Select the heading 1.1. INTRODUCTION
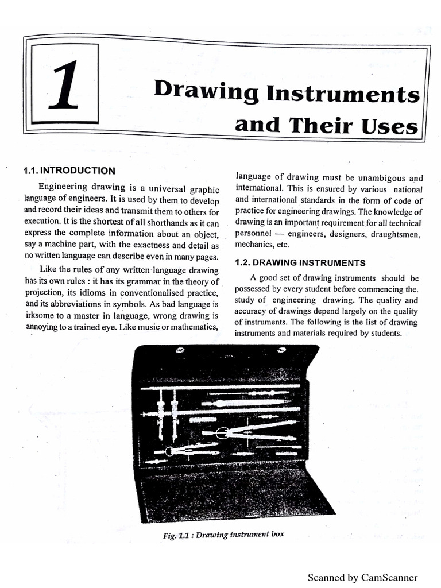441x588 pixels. (x=69, y=171)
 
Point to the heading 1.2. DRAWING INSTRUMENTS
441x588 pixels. (x=300, y=263)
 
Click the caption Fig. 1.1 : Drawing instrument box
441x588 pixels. (x=223, y=535)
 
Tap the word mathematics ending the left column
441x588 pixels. (x=192, y=327)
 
